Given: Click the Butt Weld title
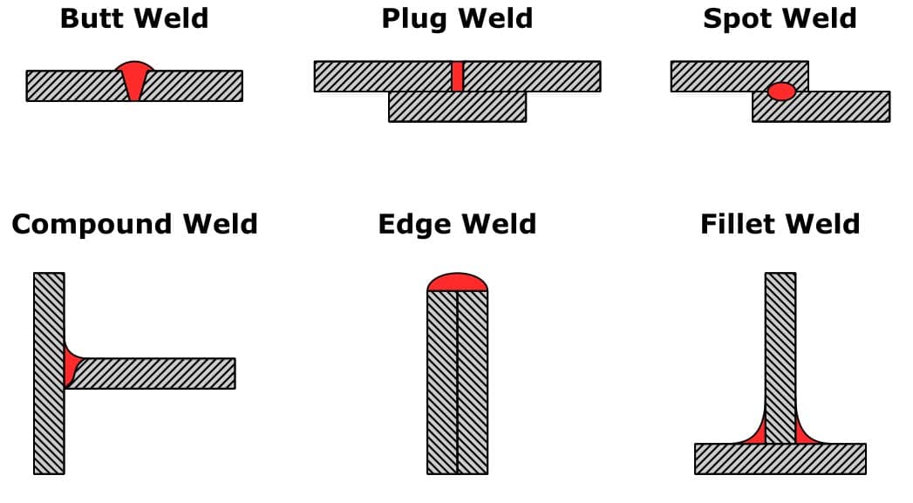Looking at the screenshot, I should (134, 19).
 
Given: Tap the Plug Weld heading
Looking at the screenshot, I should (457, 19).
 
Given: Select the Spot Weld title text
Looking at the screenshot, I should (780, 19).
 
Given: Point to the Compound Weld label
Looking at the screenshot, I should (134, 224).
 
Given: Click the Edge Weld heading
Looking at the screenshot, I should (457, 224).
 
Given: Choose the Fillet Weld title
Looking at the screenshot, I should (780, 224).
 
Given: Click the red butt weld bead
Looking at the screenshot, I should (134, 78).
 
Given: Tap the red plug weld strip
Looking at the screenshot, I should (457, 76).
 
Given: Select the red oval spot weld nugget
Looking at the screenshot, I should (781, 91).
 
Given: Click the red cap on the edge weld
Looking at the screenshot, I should (457, 282).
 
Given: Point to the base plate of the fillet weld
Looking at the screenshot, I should (780, 459).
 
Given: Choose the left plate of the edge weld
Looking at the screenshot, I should (442, 384).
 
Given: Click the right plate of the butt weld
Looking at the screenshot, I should (196, 85).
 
